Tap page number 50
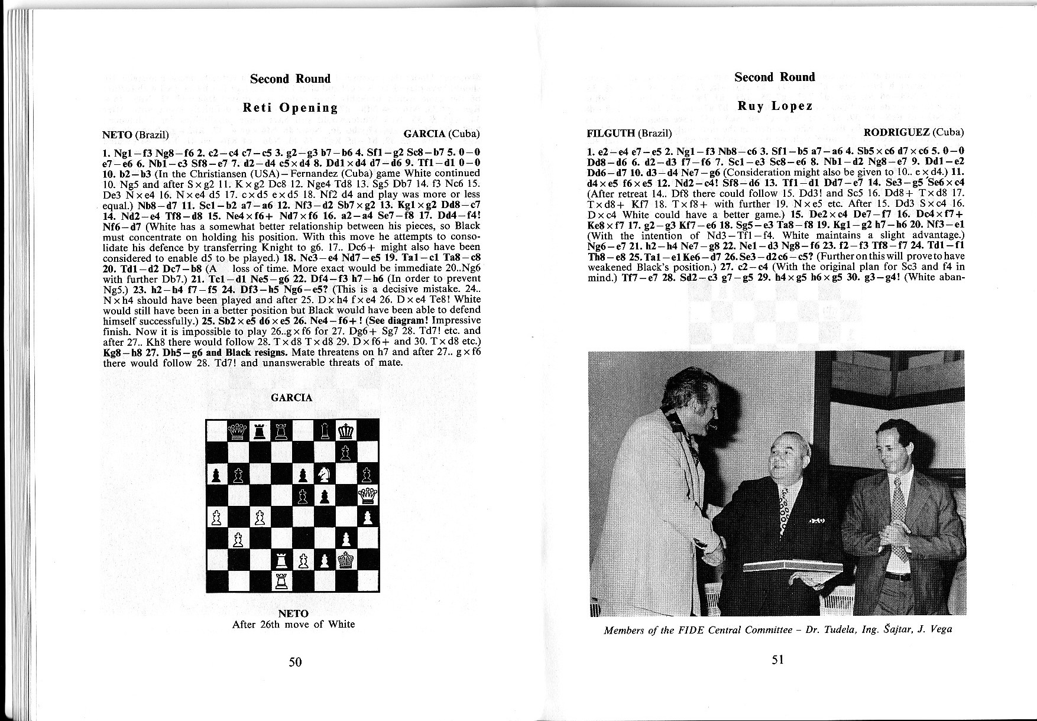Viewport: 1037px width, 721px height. click(295, 661)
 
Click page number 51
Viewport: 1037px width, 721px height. click(778, 660)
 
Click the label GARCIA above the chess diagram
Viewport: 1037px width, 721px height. click(291, 398)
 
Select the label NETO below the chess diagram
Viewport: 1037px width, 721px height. click(293, 613)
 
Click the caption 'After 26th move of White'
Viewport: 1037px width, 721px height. click(293, 624)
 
